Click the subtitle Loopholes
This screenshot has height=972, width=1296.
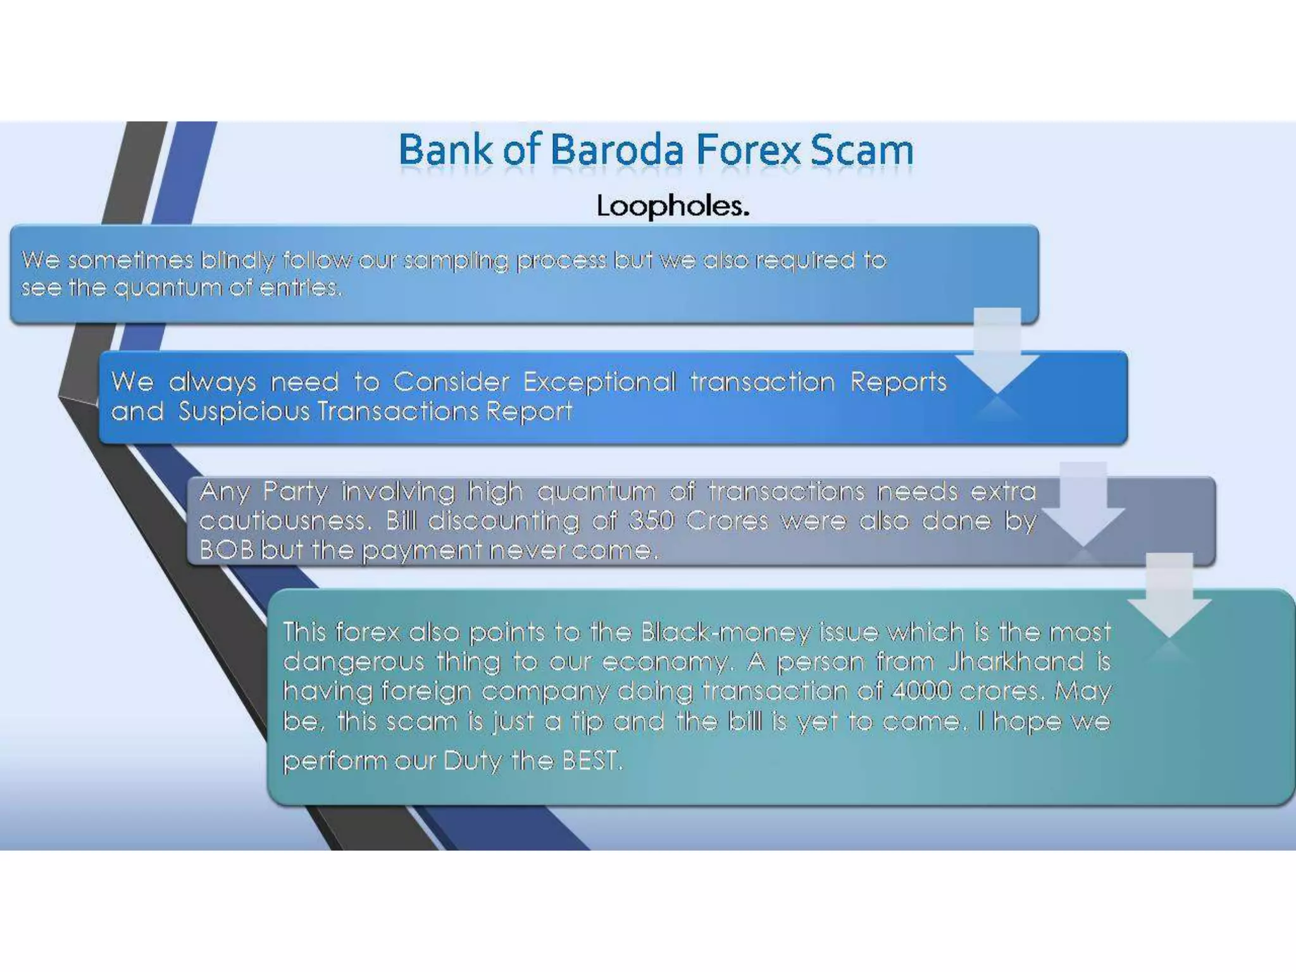673,206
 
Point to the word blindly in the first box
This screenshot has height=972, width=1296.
237,261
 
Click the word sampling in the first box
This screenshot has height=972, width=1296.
456,261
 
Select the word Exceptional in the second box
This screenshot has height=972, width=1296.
599,382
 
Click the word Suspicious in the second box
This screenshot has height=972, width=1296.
244,411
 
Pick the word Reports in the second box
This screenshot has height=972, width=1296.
898,382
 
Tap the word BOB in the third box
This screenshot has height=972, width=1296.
226,550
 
